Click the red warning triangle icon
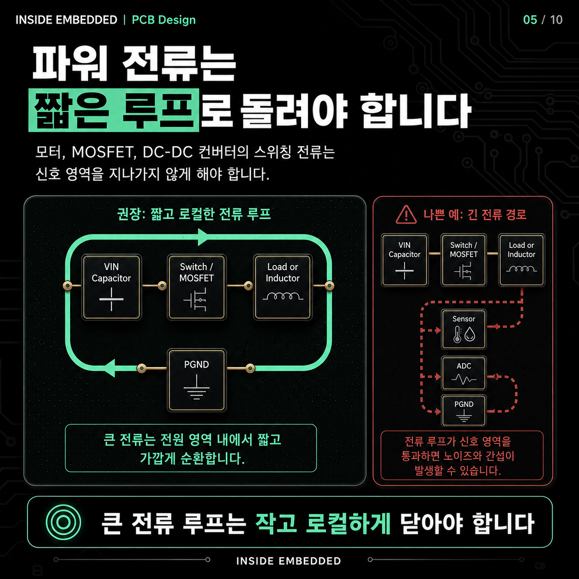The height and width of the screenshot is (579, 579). click(406, 215)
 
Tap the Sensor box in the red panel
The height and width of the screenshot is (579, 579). click(464, 329)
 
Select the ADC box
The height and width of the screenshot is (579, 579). click(464, 373)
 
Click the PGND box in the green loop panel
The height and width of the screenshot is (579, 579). click(197, 380)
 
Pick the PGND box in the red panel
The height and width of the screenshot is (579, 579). click(464, 410)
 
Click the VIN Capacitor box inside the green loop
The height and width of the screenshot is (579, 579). click(111, 287)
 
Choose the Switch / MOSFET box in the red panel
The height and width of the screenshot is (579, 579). click(464, 260)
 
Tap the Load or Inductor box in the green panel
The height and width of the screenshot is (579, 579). click(283, 287)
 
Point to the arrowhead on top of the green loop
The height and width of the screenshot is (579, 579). click(203, 237)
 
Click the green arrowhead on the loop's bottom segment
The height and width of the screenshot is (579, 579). click(109, 368)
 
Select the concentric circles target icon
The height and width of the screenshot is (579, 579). click(63, 522)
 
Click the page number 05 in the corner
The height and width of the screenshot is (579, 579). click(530, 20)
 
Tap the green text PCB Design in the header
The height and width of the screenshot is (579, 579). click(164, 20)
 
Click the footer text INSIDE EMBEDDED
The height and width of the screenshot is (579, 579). click(289, 561)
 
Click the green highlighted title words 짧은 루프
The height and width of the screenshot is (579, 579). click(114, 110)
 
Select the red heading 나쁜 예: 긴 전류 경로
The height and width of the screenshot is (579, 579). click(475, 215)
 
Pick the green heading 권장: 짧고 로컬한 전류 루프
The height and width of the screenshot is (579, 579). click(194, 214)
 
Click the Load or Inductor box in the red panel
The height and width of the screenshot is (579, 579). click(521, 260)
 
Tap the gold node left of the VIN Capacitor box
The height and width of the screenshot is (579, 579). click(67, 285)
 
